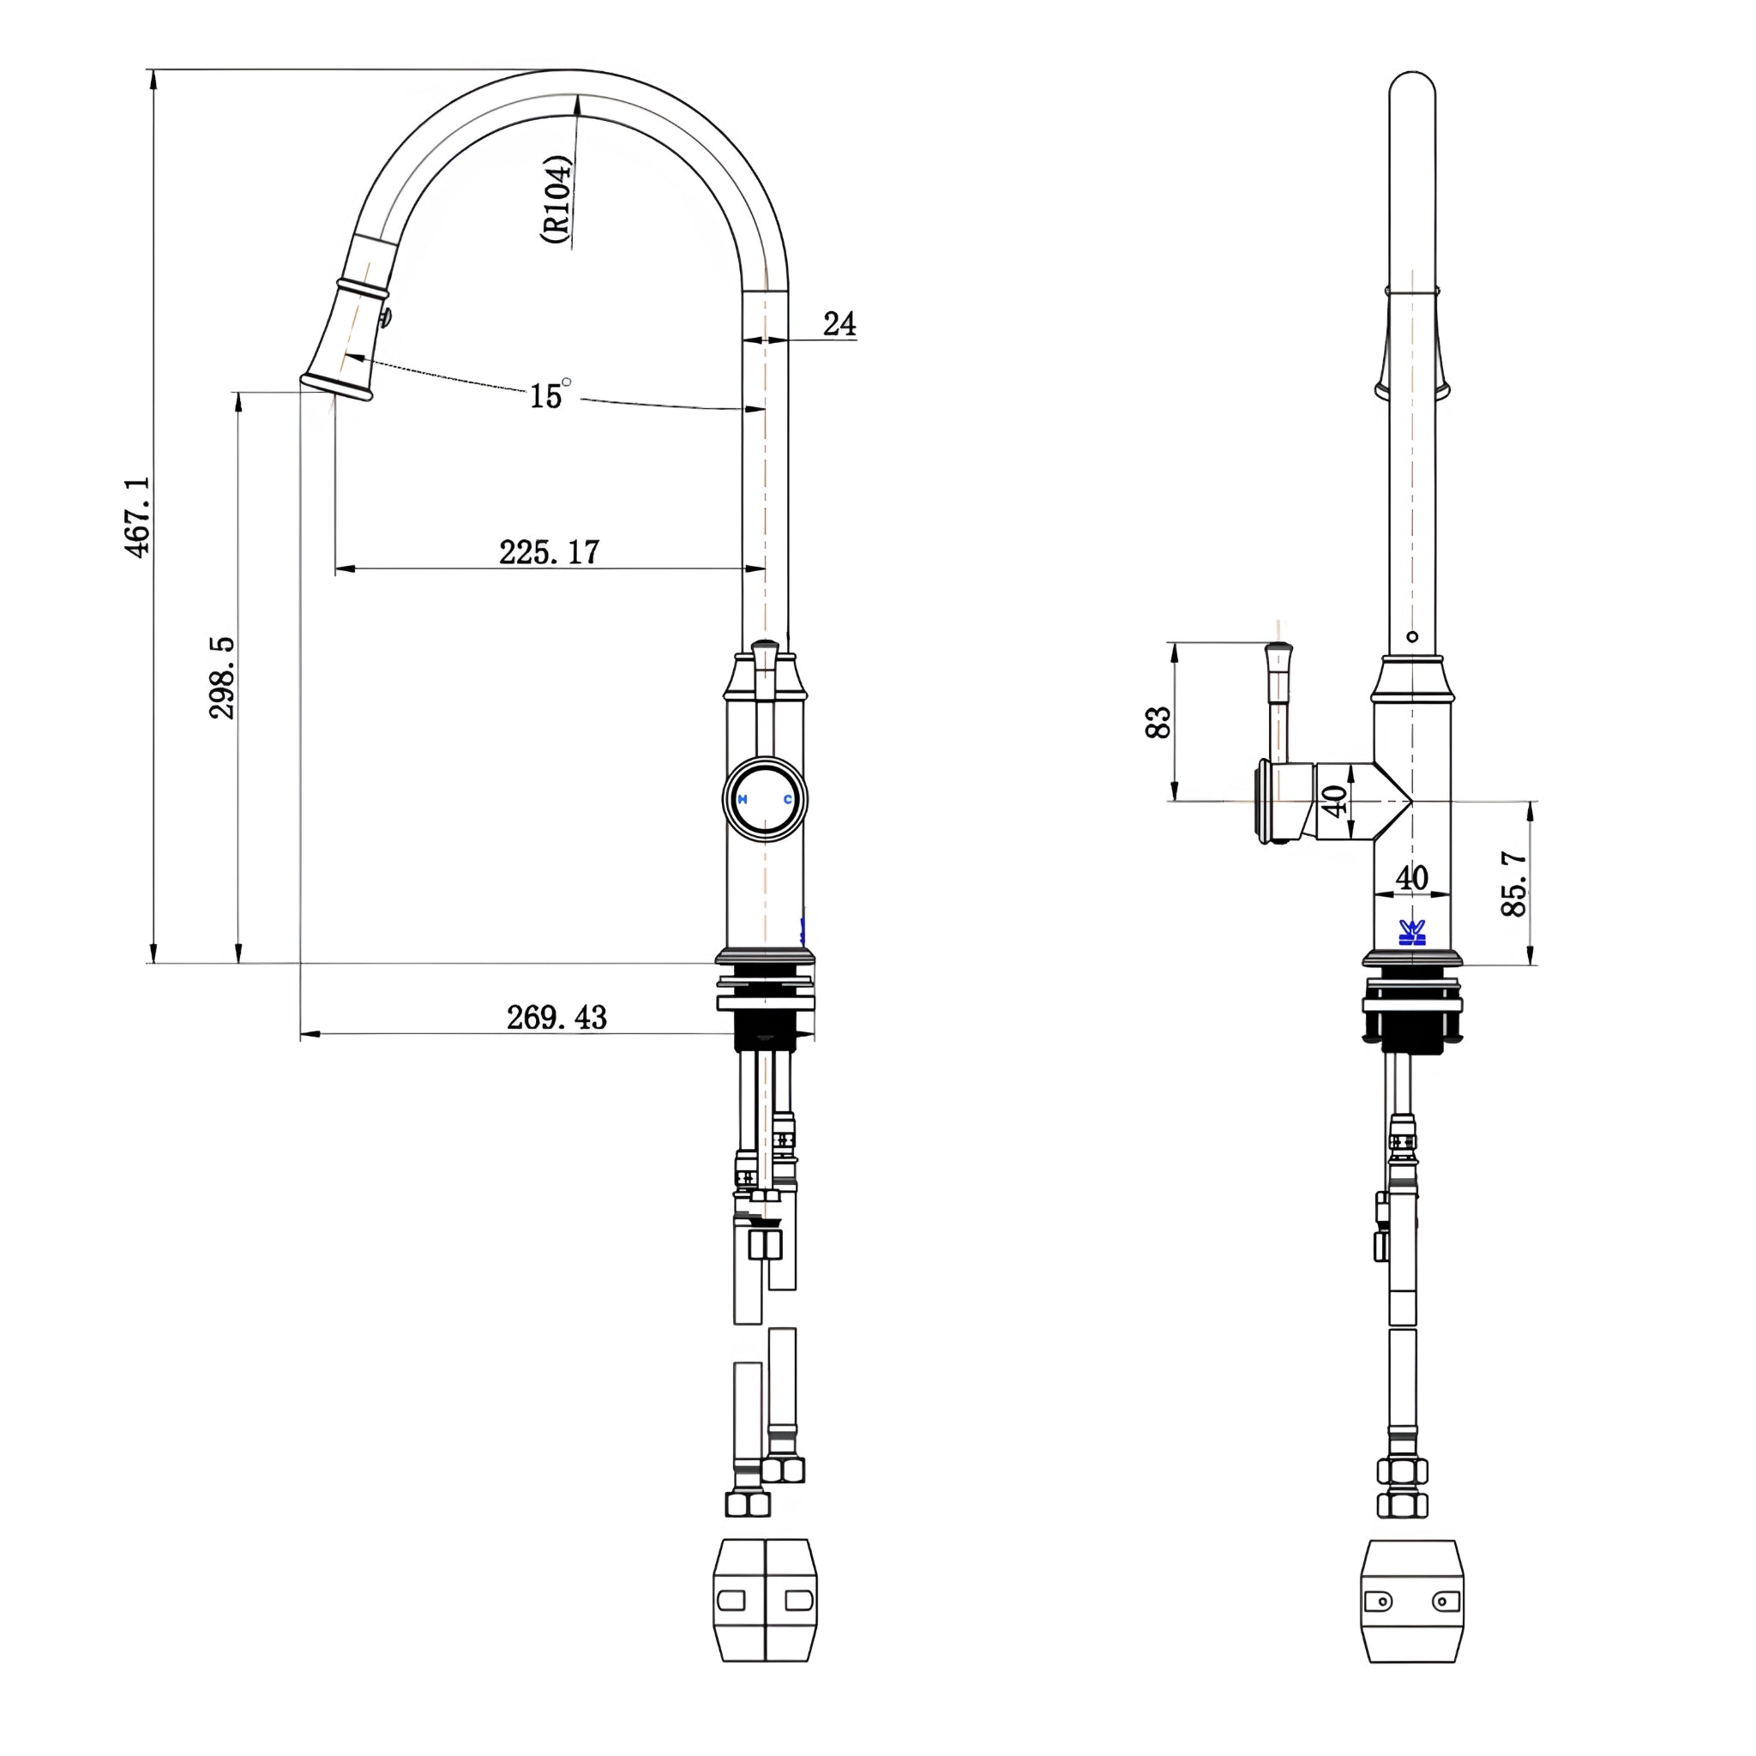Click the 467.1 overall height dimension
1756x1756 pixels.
(x=138, y=516)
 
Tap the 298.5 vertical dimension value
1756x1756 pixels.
(x=222, y=678)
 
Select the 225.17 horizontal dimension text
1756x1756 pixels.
(x=550, y=551)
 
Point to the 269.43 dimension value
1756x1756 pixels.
(x=556, y=1017)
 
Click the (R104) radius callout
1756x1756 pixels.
(x=556, y=199)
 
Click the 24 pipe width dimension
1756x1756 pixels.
(x=839, y=323)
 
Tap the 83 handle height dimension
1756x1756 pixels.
(x=1158, y=723)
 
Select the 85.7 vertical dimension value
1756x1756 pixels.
(x=1514, y=883)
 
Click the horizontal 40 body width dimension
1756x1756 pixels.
(x=1411, y=878)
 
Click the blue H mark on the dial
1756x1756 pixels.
(x=743, y=800)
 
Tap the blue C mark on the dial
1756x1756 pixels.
(x=788, y=800)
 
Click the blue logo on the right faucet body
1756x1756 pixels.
(x=1411, y=933)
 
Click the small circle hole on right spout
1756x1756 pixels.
(x=1411, y=636)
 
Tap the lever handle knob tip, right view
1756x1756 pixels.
(x=1278, y=646)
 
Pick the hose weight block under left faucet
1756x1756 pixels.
(x=766, y=1613)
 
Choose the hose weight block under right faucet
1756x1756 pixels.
(x=1411, y=1614)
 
